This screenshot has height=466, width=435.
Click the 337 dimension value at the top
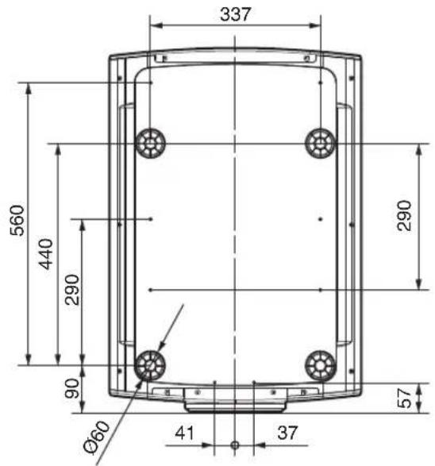pos(235,14)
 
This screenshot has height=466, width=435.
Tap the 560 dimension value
pos(17,220)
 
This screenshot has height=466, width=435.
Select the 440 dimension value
pos(46,254)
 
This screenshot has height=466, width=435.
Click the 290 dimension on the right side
pos(404,215)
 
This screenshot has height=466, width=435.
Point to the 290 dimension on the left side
pos(72,290)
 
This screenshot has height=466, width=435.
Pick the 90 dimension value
pos(72,388)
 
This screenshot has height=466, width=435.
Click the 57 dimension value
pos(404,398)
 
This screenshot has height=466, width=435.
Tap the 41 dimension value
pos(184,433)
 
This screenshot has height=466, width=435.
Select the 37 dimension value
pos(287,433)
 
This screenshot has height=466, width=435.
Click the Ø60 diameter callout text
pos(97,437)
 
